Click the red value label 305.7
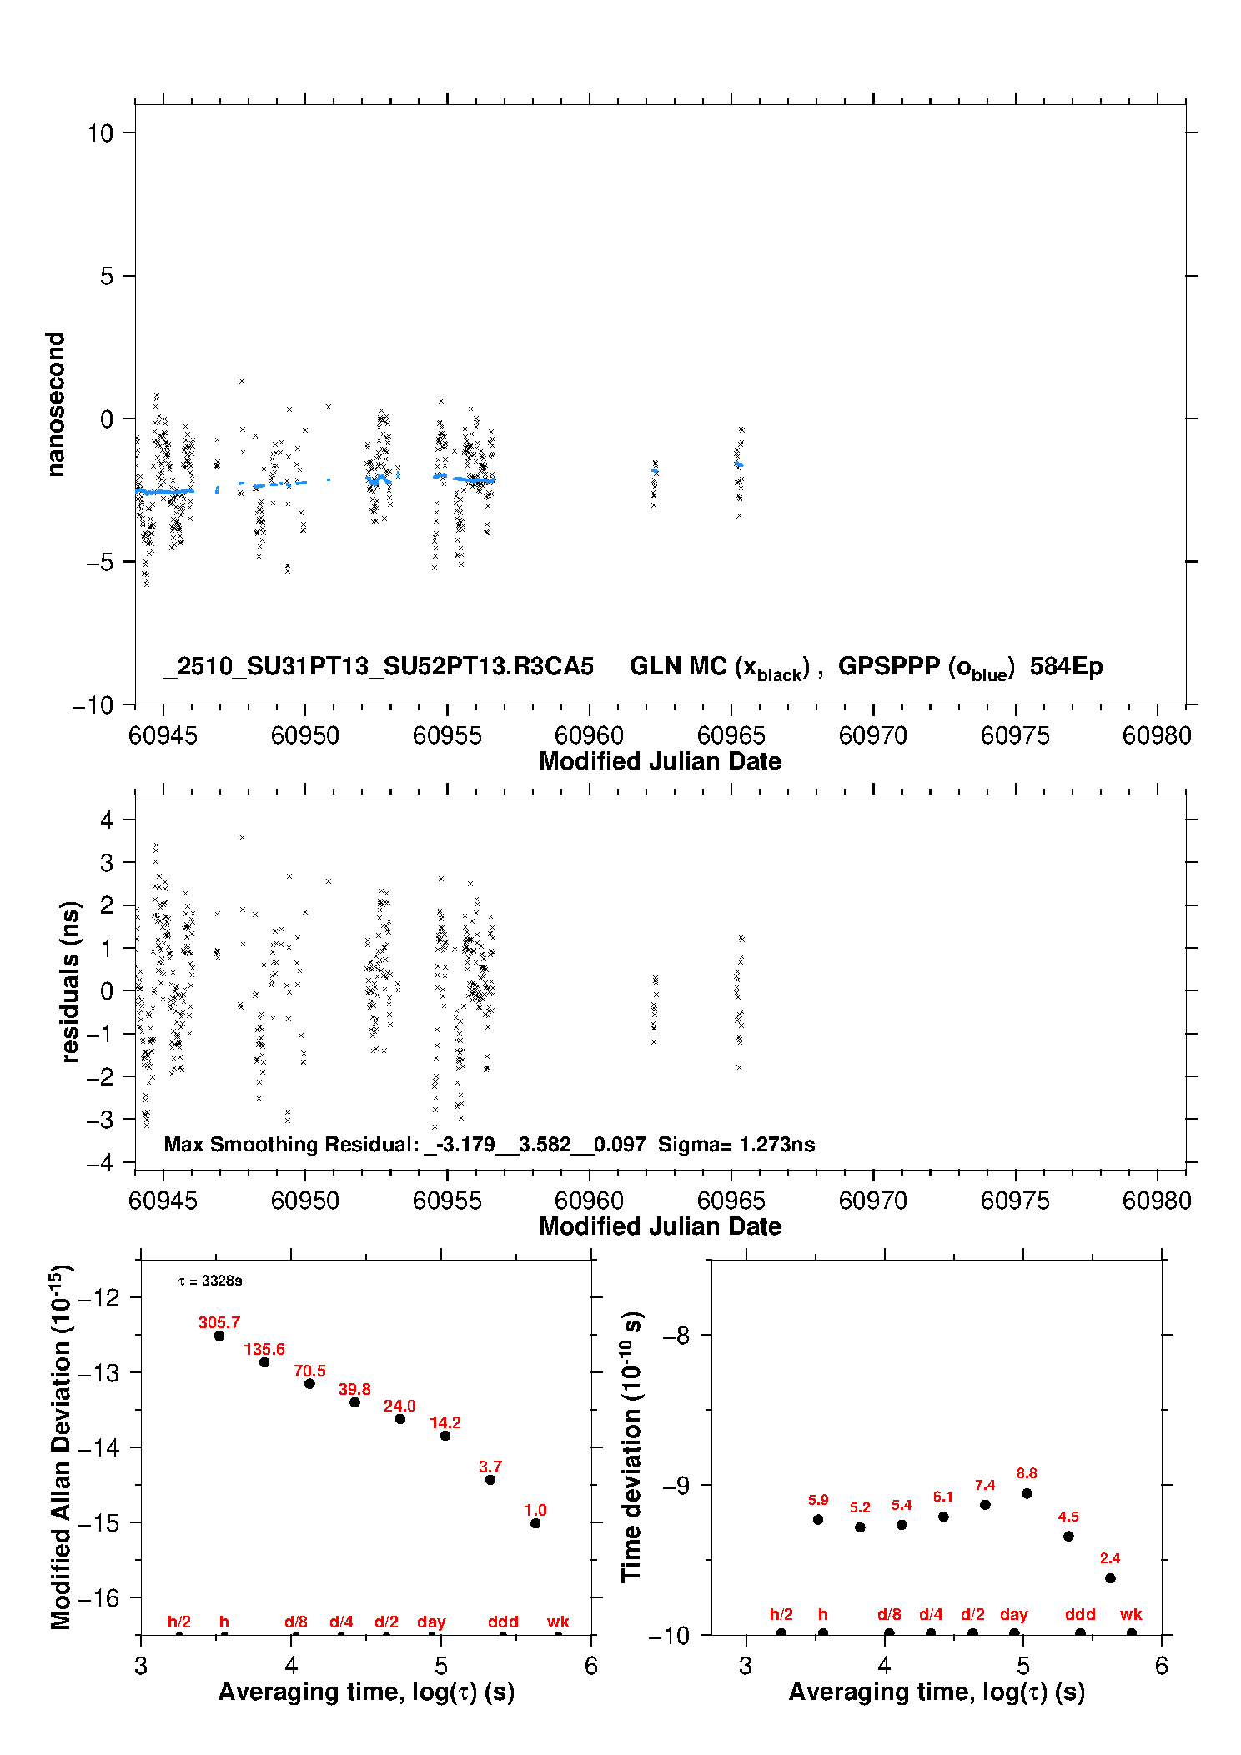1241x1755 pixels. pos(219,1322)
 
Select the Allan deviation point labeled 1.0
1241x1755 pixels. pos(535,1523)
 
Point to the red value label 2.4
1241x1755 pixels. pos(1109,1558)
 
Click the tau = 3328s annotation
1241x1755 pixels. pos(210,1281)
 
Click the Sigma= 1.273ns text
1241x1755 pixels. pos(736,1144)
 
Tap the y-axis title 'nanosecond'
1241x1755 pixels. pos(55,404)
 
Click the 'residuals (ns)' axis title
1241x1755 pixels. pos(70,981)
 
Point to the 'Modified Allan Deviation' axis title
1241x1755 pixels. pos(61,1447)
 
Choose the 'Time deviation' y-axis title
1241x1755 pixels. pos(631,1447)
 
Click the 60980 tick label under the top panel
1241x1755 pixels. pos(1157,735)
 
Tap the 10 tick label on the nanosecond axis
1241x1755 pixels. pos(100,133)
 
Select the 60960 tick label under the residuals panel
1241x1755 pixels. pos(589,1201)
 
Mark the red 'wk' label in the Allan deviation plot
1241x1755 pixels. pos(558,1622)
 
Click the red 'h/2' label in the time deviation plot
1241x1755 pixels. pos(781,1615)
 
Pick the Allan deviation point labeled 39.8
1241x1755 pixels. pos(354,1402)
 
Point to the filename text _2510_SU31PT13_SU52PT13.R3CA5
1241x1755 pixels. pos(378,667)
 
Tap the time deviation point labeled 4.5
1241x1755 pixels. pos(1068,1536)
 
